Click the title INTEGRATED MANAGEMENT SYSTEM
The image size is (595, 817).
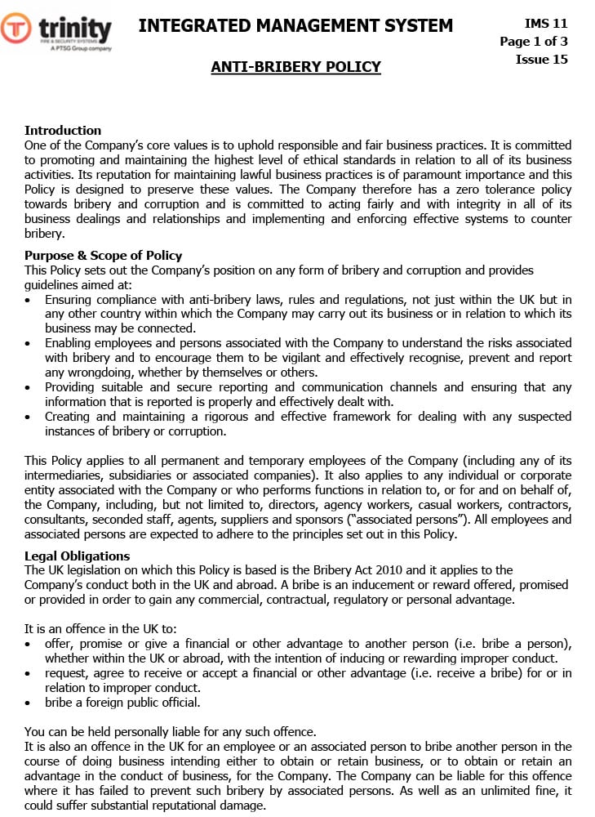(x=295, y=26)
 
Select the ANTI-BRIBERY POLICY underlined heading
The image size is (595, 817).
(x=295, y=67)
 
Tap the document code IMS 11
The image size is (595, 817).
(x=546, y=24)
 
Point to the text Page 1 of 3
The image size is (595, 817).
(x=534, y=42)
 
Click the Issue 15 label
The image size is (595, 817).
(x=541, y=60)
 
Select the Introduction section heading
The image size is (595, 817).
(x=63, y=130)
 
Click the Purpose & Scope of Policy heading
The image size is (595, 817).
(x=103, y=256)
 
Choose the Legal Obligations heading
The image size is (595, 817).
(x=77, y=556)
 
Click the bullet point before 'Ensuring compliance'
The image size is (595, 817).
(x=29, y=301)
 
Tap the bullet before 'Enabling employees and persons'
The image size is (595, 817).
(x=29, y=344)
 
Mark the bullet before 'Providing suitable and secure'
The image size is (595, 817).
(x=29, y=388)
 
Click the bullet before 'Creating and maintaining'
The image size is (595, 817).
(x=29, y=417)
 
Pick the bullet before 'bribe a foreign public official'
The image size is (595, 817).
(x=29, y=703)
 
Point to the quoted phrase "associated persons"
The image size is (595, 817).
(x=396, y=519)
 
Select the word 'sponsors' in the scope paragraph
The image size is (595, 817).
(x=304, y=519)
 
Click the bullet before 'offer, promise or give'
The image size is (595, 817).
(x=29, y=645)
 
